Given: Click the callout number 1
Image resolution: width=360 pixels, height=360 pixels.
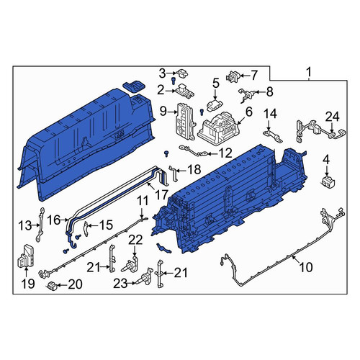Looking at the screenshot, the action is point(309,72).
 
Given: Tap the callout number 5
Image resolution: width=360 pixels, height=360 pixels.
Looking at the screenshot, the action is point(216,83).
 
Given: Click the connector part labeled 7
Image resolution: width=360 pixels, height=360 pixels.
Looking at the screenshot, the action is point(232,76).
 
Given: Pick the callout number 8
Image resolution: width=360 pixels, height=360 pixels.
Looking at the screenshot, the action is point(269,91).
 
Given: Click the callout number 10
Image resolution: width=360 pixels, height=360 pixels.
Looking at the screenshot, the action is point(306,267).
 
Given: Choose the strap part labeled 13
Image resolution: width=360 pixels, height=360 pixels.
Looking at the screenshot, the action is point(40,225).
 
